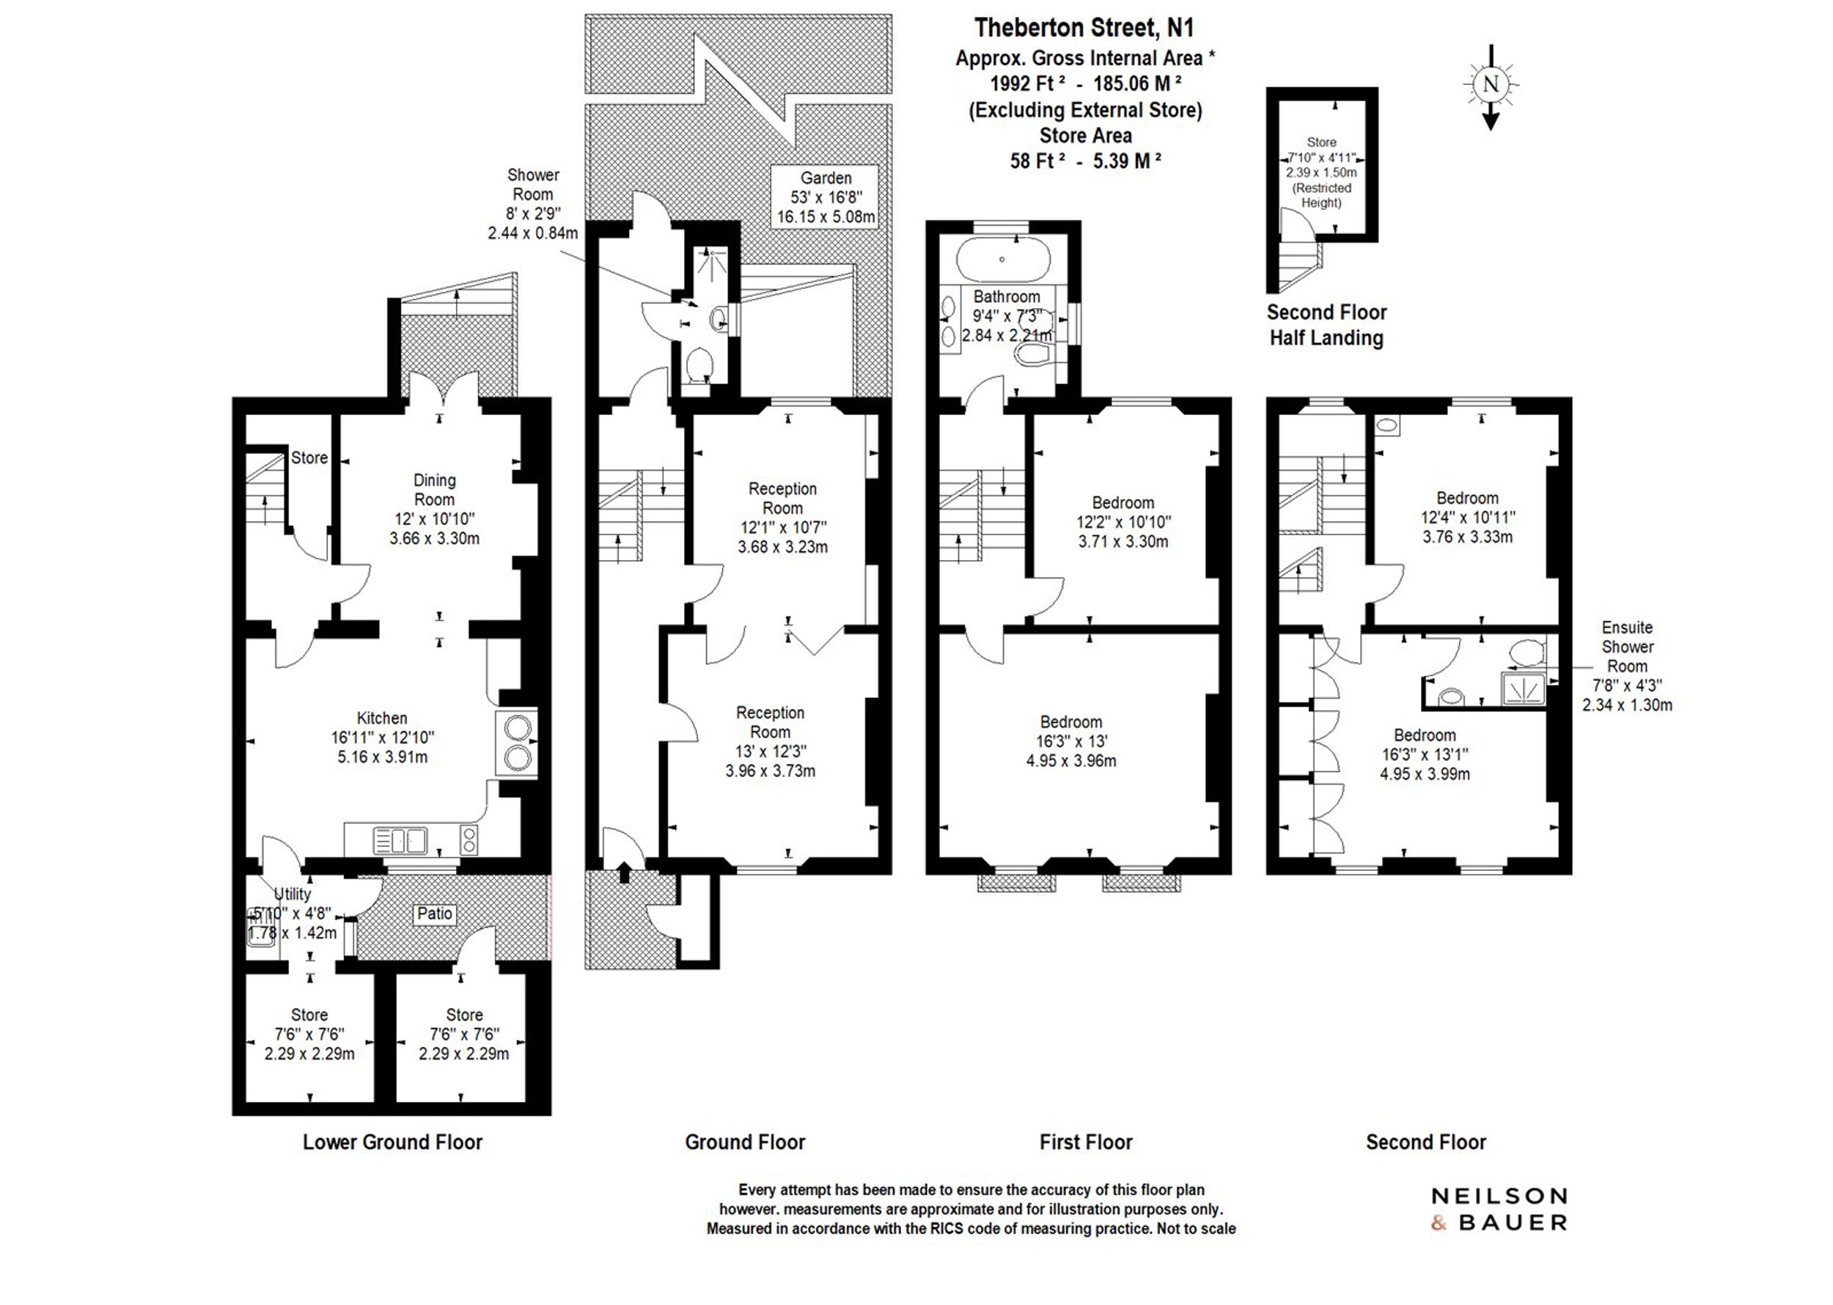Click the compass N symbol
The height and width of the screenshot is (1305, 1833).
pos(1491,84)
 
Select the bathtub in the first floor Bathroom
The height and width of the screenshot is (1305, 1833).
pos(1002,259)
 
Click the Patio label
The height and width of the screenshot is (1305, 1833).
pos(434,913)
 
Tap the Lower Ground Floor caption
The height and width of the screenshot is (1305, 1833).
pos(392,1142)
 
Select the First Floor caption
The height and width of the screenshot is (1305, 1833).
pos(1086,1142)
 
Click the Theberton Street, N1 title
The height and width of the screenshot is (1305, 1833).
pos(1084,28)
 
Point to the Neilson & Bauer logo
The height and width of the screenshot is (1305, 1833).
pos(1499,1210)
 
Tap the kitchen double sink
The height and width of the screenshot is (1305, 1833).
pos(400,840)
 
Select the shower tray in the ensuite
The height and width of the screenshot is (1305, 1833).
pos(1523,688)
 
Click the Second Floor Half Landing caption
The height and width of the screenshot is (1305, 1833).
pos(1327,325)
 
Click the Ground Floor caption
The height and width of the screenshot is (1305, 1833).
pos(745,1142)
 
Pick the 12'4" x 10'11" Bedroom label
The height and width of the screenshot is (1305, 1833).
pos(1467,518)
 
